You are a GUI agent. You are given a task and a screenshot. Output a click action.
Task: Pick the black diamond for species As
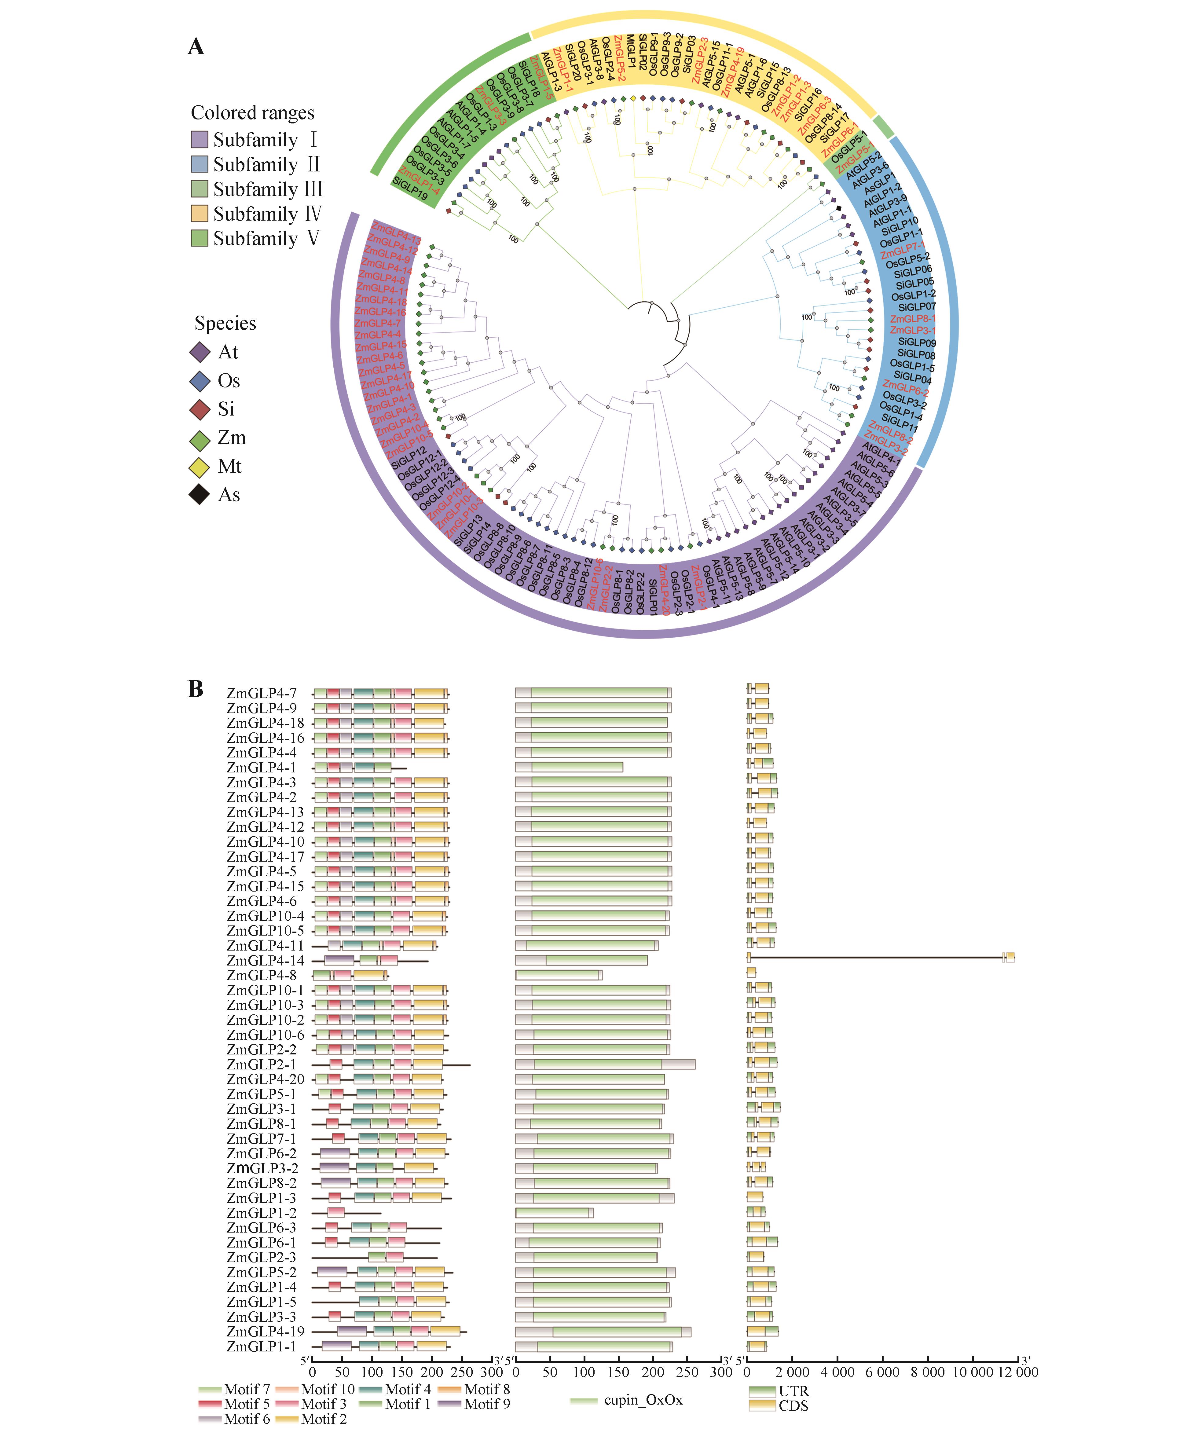click(x=200, y=495)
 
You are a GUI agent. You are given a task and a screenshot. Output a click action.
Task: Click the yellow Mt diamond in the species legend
click(x=200, y=467)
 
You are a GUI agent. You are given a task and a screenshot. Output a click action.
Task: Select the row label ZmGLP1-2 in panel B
click(x=262, y=1213)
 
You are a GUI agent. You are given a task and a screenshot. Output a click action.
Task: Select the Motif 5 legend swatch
click(x=210, y=1403)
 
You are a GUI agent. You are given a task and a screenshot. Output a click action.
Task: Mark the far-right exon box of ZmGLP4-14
click(x=1010, y=957)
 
